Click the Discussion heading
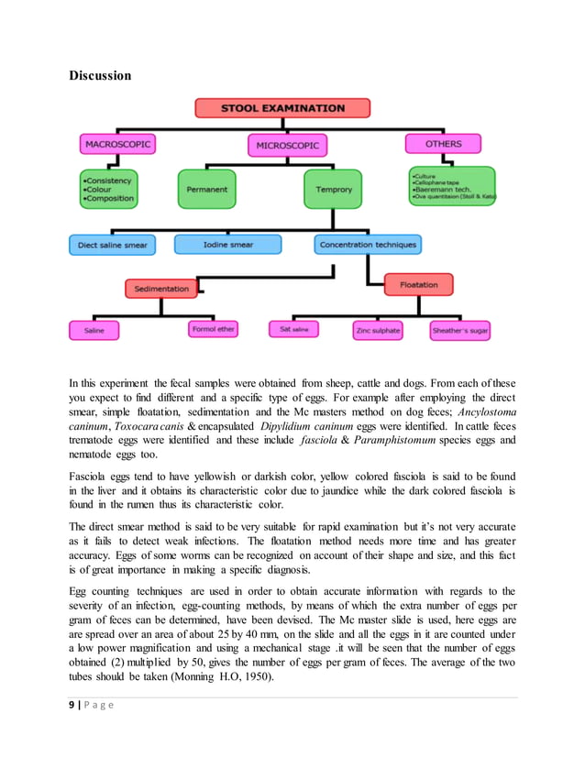tap(100, 75)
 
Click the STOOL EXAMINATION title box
tap(282, 108)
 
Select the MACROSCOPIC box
tap(117, 145)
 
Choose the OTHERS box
tap(444, 144)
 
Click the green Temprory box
tap(333, 189)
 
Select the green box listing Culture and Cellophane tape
tap(451, 185)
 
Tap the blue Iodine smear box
tap(226, 245)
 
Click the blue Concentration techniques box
tap(367, 245)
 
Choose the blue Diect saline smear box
tap(112, 246)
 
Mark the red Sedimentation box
tap(161, 289)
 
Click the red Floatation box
tap(419, 285)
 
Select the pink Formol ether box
tap(214, 329)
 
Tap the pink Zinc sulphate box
tap(378, 330)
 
